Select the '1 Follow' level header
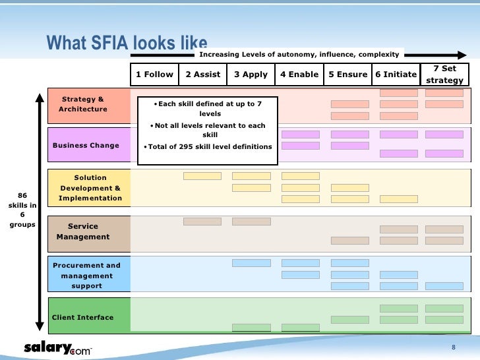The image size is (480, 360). point(154,75)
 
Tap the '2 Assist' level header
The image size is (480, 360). point(202,75)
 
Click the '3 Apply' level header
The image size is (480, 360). point(251,75)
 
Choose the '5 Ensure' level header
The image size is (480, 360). point(347,75)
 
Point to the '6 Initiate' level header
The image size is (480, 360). point(396,75)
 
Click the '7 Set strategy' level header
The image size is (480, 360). point(445,75)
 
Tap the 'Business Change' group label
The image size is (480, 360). point(86,146)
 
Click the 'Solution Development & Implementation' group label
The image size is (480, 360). point(90,188)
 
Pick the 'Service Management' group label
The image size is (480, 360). point(83,231)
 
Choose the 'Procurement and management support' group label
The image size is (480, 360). point(87,276)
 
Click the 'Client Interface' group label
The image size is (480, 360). point(83,317)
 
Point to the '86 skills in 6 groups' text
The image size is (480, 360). point(22,210)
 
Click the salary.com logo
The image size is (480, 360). point(58,347)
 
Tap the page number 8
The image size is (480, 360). point(453,347)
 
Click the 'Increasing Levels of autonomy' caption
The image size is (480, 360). point(299,54)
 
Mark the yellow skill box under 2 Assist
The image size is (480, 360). point(202,176)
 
